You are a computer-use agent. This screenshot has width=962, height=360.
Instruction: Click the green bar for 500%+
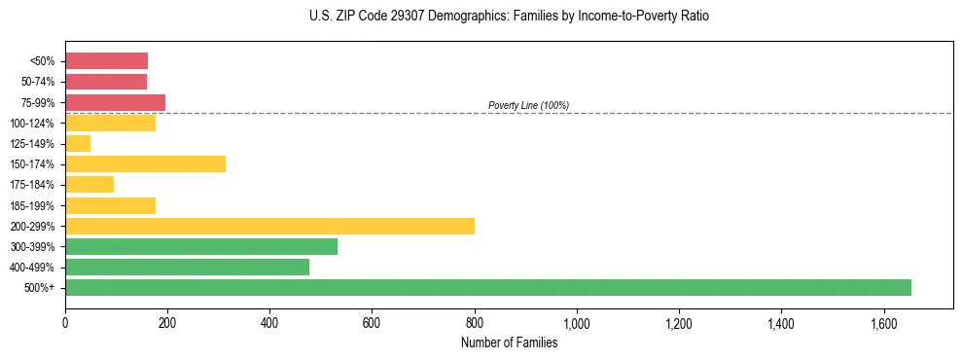[x=487, y=287]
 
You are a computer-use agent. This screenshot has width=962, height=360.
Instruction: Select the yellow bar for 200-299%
[x=269, y=226]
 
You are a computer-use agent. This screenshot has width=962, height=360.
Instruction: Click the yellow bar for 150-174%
[x=145, y=163]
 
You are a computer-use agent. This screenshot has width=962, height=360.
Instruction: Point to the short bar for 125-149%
[x=78, y=143]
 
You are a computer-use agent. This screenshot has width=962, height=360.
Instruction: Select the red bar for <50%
[x=106, y=60]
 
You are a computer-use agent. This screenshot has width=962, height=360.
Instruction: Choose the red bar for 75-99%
[x=115, y=102]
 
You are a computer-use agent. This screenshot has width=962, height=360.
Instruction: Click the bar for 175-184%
[x=89, y=184]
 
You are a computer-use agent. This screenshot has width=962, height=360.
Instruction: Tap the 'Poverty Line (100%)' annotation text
[x=528, y=105]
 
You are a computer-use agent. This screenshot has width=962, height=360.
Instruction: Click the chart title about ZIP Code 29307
[x=510, y=17]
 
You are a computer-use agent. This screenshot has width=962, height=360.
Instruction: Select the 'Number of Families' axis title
[x=510, y=342]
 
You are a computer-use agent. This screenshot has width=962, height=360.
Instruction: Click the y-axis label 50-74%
[x=38, y=82]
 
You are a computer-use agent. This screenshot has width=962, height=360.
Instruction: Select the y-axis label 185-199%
[x=35, y=205]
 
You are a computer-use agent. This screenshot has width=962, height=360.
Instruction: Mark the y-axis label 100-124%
[x=35, y=123]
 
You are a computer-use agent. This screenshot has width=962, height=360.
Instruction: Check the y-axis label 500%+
[x=41, y=288]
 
